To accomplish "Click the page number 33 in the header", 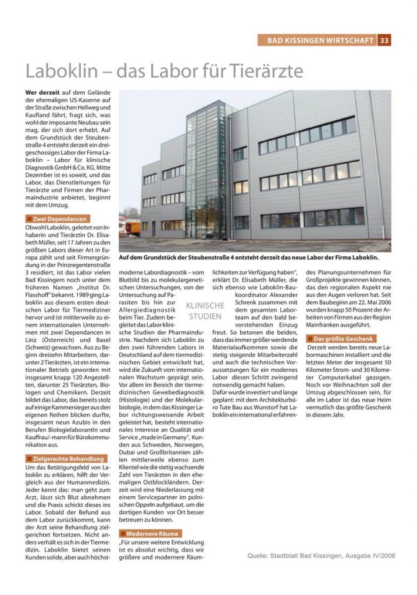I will pos(384,40).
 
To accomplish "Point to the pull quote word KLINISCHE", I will pos(205,306).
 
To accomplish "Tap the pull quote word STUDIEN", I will pos(205,317).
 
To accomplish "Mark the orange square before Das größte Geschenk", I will pos(310,338).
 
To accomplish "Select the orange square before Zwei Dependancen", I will pos(30,218).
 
